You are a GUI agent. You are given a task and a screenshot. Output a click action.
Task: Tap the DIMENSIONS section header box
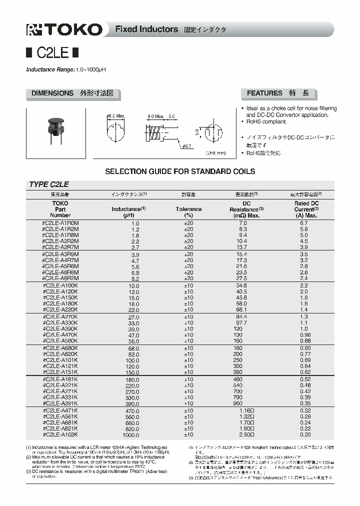73,93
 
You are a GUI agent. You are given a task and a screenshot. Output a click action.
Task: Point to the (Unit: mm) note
216,153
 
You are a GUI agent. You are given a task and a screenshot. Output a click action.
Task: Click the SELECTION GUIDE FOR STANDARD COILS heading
180,171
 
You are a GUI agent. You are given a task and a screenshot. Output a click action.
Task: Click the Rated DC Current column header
305,209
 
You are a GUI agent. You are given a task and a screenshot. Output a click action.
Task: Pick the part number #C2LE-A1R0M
61,223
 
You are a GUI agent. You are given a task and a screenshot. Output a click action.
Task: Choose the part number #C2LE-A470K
61,335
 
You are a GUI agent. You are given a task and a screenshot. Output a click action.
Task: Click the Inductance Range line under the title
66,69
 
